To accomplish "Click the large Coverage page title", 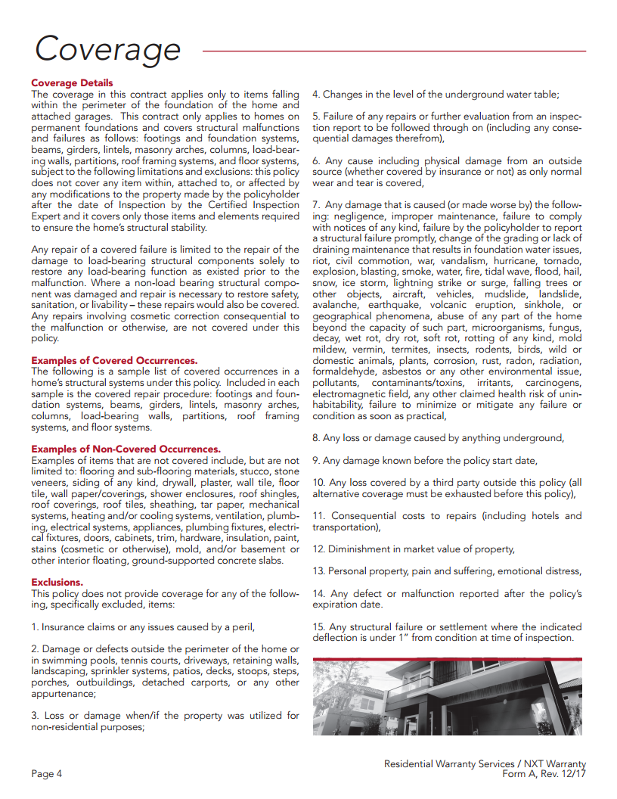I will tap(107, 49).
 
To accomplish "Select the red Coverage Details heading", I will tap(72, 83).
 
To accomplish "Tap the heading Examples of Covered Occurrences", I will tap(114, 361).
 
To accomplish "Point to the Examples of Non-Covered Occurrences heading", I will tap(126, 449).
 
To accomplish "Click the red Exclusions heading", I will tap(57, 583).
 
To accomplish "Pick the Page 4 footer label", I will tap(46, 774).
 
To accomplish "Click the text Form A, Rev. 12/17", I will tap(544, 774).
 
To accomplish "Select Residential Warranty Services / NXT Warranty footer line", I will tap(485, 764).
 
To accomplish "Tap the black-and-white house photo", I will tap(447, 696).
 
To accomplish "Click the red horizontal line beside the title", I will tap(393, 51).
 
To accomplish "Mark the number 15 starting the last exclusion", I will tap(318, 627).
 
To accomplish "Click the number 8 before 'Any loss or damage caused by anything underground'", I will tap(315, 438).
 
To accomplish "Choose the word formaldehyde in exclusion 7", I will tap(345, 372).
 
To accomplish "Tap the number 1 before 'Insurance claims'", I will tap(34, 627).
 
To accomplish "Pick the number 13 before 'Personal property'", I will tap(318, 571).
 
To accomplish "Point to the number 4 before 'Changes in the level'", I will tap(315, 95).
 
